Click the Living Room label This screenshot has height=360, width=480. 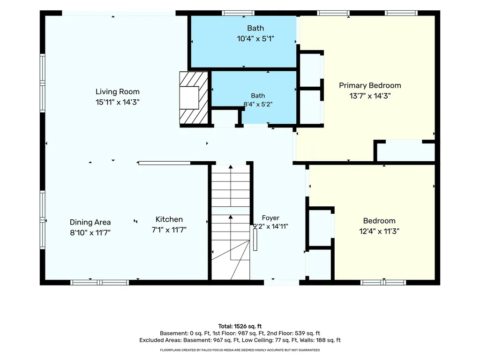click(x=118, y=91)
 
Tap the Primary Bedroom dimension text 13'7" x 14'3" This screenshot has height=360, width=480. click(x=370, y=96)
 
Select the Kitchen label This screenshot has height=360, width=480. click(x=169, y=219)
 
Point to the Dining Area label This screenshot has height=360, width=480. click(x=90, y=222)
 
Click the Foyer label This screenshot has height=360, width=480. click(x=270, y=218)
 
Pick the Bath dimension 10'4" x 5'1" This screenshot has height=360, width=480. click(x=255, y=38)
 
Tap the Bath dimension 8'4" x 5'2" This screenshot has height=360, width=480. click(x=258, y=104)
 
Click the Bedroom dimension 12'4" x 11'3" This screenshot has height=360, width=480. click(x=379, y=231)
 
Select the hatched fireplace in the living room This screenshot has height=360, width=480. click(x=194, y=97)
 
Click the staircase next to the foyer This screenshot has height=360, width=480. click(x=231, y=222)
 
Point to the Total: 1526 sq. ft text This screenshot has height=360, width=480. click(x=240, y=326)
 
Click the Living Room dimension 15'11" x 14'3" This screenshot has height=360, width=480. click(x=118, y=102)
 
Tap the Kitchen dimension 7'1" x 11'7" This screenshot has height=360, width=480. click(x=169, y=230)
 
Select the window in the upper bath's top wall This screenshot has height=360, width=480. click(x=238, y=13)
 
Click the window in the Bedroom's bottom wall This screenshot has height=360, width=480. click(x=383, y=282)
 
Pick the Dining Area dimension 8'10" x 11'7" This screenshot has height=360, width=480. click(x=90, y=232)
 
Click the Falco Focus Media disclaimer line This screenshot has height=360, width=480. click(x=240, y=350)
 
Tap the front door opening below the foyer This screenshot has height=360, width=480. click(x=282, y=282)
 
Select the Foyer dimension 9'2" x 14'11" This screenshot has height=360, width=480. click(x=270, y=226)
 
